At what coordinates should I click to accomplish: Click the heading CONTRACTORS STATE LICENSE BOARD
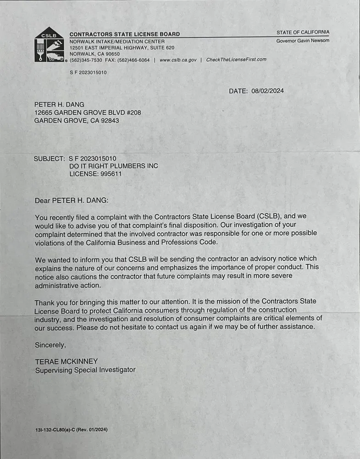124,34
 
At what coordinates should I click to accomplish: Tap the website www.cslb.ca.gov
178,60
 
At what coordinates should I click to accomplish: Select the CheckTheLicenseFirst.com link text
236,60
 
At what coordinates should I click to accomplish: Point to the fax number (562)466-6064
134,60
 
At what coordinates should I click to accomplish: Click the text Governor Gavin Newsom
303,40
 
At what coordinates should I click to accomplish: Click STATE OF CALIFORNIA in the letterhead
303,32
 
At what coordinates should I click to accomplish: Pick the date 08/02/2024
267,91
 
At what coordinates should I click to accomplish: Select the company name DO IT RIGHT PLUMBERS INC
113,166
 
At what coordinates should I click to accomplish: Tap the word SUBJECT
49,159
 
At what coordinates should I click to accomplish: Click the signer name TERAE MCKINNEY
66,361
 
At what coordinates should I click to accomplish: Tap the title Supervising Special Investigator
85,369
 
